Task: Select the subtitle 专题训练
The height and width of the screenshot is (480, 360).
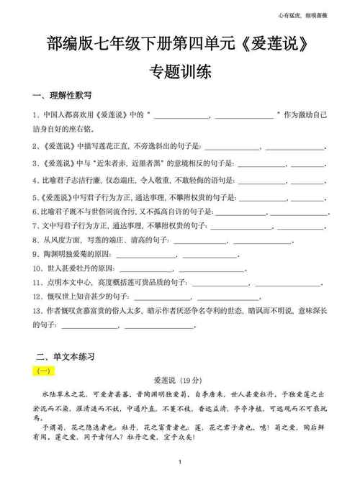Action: (179, 73)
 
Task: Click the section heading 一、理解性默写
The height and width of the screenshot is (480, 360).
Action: (63, 96)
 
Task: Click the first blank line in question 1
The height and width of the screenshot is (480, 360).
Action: (179, 115)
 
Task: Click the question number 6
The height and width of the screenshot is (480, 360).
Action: (35, 212)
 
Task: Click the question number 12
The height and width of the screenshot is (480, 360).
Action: (37, 296)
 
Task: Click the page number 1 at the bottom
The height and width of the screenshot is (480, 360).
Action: (179, 461)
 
